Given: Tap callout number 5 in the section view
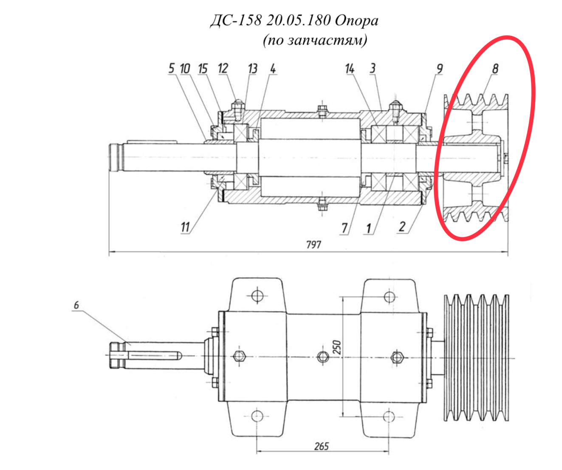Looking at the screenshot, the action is coord(172,68).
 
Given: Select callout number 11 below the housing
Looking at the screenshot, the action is coord(185,227).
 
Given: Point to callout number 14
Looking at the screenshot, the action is coord(350,69).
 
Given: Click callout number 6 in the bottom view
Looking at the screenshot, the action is coord(76,305).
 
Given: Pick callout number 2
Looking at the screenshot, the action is coord(402,227).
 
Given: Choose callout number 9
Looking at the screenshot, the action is coord(440,69).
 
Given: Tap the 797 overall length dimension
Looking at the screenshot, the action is coord(313,244).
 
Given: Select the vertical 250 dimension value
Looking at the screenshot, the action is coord(337,347).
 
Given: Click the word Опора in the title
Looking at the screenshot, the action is coord(356,21).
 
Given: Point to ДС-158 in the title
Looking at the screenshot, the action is coord(236,20).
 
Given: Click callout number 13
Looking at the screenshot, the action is coord(253,69).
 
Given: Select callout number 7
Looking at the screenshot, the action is coord(345,228).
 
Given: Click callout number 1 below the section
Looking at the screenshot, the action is coord(369,228).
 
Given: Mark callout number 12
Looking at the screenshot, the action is coord(223,68).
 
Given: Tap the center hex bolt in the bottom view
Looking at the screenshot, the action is coord(323,357).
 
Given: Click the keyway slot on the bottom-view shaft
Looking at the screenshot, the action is coord(153,356).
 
